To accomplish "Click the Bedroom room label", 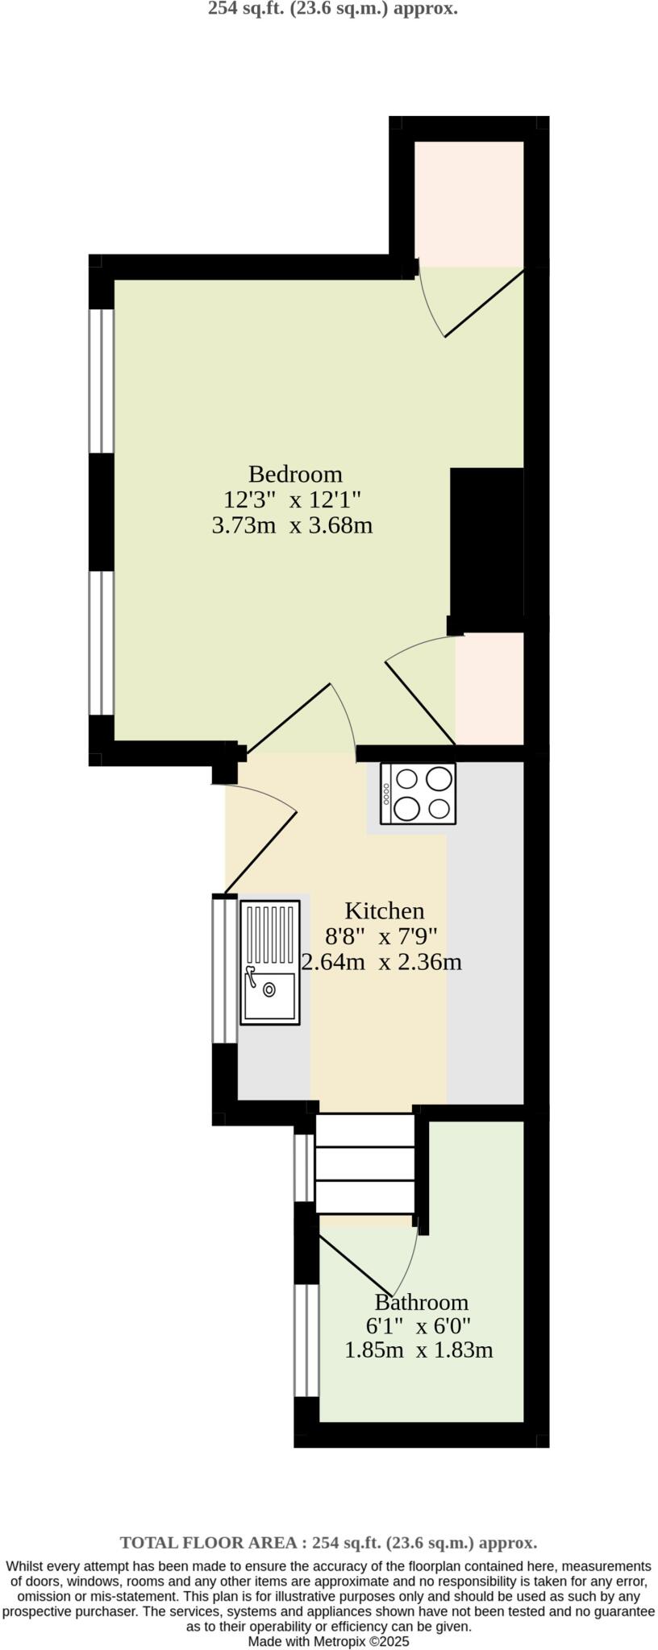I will [x=294, y=474].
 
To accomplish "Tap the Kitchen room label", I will [x=384, y=910].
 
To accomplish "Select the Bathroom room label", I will [x=421, y=1302].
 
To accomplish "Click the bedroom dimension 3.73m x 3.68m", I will [x=291, y=525].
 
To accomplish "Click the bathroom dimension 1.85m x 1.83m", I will [x=418, y=1350].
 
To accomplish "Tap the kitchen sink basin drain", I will [x=268, y=989].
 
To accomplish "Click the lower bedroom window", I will [x=102, y=642].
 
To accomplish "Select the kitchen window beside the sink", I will [x=224, y=968].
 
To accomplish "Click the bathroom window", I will [x=306, y=1340].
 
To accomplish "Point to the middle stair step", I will [x=364, y=1163].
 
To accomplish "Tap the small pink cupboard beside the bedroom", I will [x=489, y=687].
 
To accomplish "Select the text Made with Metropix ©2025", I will [x=329, y=1640].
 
